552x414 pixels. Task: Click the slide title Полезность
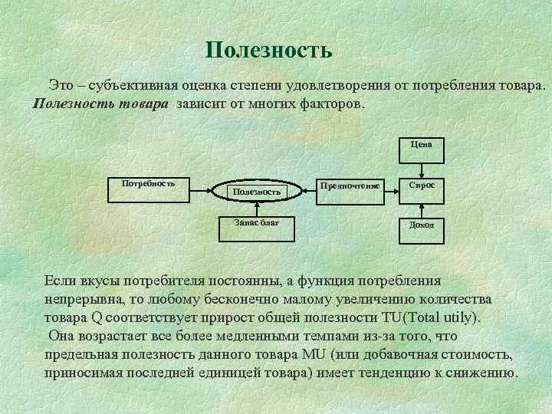coord(269,51)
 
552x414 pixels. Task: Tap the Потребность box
coord(149,189)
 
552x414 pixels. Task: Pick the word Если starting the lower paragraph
coord(59,281)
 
